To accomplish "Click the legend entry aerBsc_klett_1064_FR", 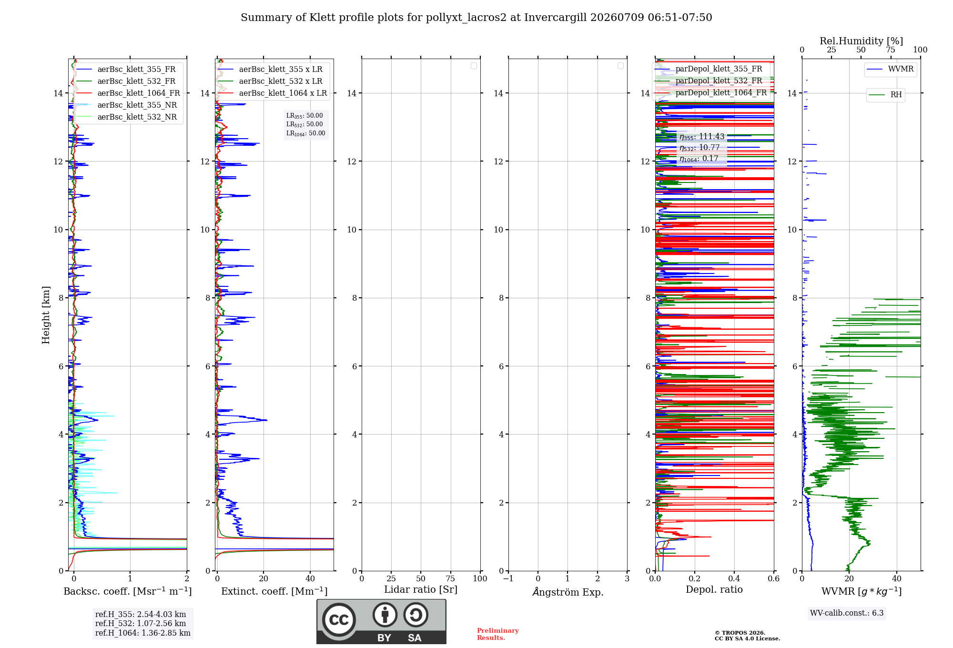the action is pos(128,93).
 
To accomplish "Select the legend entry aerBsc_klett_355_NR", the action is pos(127,105).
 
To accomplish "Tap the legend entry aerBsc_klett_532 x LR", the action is pos(270,81).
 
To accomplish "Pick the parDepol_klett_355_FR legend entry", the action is pos(709,69).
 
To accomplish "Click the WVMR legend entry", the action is pos(890,69).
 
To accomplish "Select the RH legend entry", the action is pos(885,95).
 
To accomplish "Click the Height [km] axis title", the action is pos(46,315).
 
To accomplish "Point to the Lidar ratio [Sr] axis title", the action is pos(421,589).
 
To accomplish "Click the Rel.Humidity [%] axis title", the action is pos(862,41).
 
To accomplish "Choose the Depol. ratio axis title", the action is pos(714,589).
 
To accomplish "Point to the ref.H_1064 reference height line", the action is pos(143,633).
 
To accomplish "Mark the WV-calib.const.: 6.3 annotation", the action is pos(847,613).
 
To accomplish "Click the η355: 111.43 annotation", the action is pos(702,137).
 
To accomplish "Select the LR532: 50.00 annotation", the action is pos(304,124).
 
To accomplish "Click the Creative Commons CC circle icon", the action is pos(339,619).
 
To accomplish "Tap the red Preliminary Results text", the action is pos(498,634).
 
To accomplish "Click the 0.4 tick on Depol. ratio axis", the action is pos(734,578).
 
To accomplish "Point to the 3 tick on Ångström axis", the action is pos(627,578).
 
